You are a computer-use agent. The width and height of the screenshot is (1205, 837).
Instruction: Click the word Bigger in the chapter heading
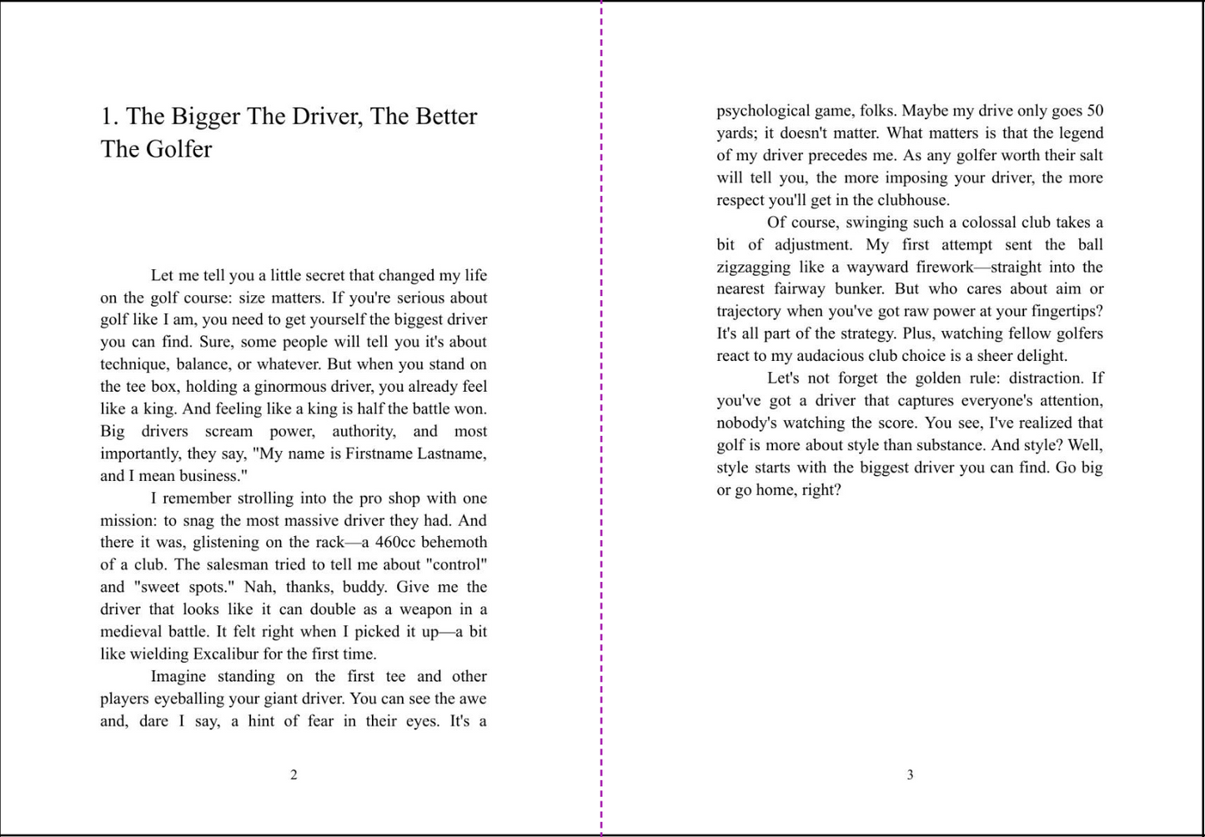[x=205, y=117]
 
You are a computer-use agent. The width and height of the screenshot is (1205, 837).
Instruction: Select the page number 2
[x=294, y=775]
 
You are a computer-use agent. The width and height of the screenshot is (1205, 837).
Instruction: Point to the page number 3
[x=910, y=775]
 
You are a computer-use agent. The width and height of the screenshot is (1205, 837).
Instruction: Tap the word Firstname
[x=369, y=454]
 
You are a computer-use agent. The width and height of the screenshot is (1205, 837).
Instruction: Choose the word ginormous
[x=290, y=387]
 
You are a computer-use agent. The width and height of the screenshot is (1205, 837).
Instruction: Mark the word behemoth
[x=454, y=543]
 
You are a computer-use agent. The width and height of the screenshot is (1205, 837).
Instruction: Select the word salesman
[x=213, y=565]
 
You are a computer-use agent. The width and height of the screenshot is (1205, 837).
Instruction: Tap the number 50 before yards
[x=1095, y=111]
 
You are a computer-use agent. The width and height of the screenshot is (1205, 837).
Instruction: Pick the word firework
[x=945, y=268]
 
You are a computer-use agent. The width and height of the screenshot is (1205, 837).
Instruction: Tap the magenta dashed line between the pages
[x=601, y=417]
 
